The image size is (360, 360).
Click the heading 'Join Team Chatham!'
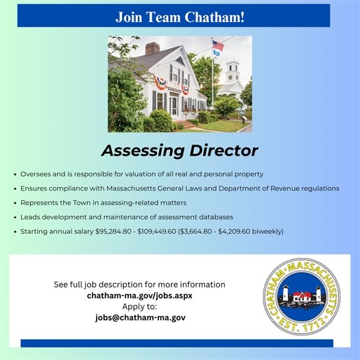(180, 15)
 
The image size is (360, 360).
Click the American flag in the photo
(217, 45)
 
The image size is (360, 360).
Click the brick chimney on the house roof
(153, 49)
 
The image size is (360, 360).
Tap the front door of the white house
(174, 105)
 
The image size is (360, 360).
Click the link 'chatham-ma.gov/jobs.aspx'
(139, 296)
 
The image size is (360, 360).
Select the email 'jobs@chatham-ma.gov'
(139, 317)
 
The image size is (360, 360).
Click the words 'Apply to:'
(139, 307)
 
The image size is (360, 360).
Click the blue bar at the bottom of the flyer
(177, 343)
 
